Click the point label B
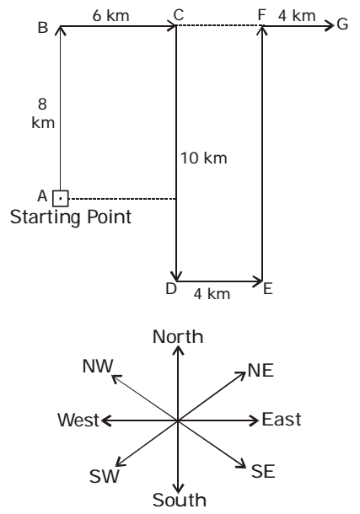43,28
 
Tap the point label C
179,15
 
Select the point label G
342,24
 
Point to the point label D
171,289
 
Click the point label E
268,290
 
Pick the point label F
261,15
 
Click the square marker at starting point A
61,199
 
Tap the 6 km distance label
110,16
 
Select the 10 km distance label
204,158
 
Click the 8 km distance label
43,114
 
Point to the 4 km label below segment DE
212,294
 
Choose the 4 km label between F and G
297,16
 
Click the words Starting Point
71,217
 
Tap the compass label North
178,337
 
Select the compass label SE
263,471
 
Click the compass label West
78,420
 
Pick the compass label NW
98,367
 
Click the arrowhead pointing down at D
177,276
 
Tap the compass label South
180,500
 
